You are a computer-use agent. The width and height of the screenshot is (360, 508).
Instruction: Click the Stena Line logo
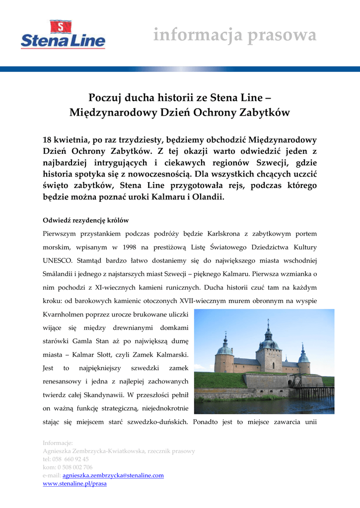pyautogui.click(x=63, y=35)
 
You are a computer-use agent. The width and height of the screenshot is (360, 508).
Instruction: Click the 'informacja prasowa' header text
pyautogui.click(x=234, y=36)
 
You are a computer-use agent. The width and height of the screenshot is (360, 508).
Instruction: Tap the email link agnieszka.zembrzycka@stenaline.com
pyautogui.click(x=113, y=475)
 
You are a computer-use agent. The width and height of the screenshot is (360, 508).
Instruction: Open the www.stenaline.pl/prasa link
pyautogui.click(x=74, y=483)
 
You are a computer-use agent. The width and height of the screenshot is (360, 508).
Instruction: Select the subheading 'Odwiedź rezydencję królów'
pyautogui.click(x=86, y=220)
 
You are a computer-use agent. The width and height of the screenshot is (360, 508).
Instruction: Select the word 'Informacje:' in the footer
pyautogui.click(x=58, y=443)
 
